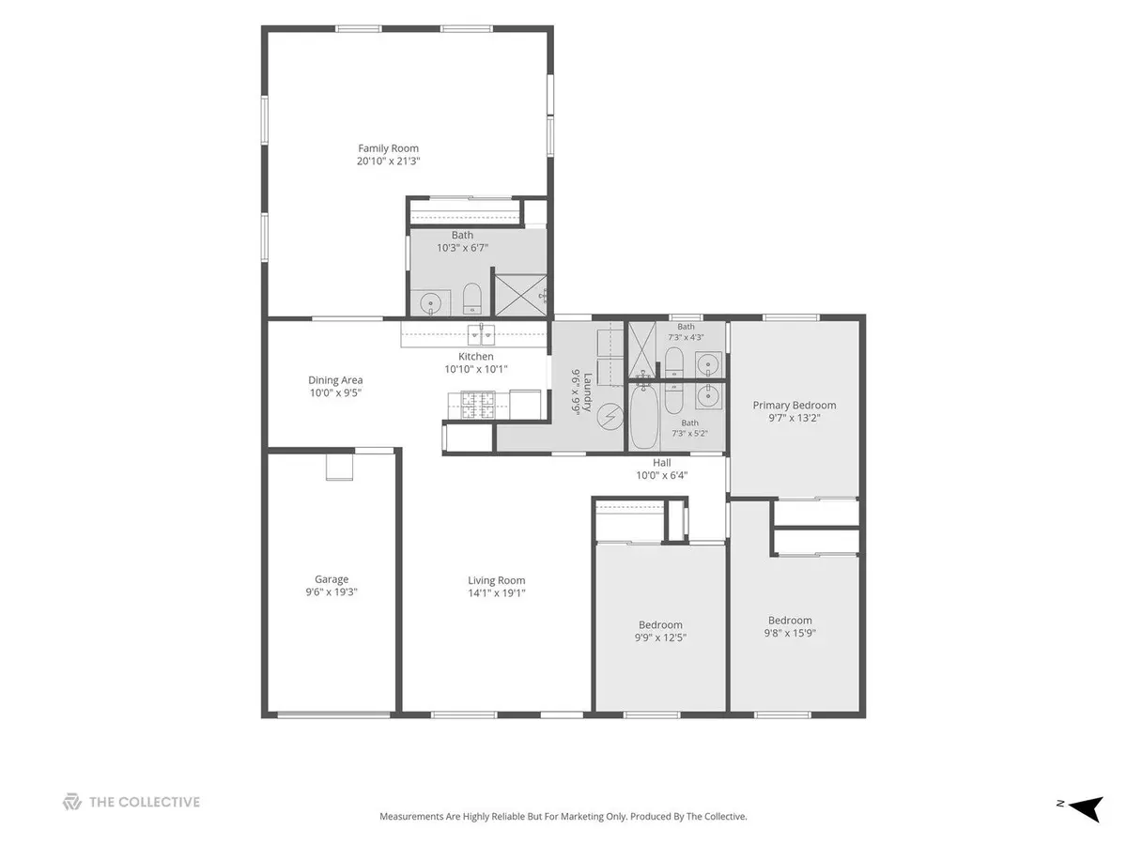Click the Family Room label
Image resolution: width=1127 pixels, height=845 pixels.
coord(388,148)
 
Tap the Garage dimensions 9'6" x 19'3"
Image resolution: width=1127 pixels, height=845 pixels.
coord(332,592)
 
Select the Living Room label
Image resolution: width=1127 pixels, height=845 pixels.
coord(497,580)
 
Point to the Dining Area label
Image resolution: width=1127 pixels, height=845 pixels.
coord(335,380)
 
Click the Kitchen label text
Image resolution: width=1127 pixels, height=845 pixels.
coord(476,357)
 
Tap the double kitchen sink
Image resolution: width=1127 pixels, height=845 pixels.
coord(482,335)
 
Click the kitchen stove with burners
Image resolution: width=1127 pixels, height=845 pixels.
coord(478,405)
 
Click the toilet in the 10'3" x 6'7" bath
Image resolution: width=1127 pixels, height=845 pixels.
coord(471,299)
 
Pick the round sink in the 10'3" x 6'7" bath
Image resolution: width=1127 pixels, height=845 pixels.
coord(430,303)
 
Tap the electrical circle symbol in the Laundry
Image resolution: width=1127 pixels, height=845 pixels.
coord(610,417)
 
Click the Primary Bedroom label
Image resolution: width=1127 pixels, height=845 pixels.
coord(795,406)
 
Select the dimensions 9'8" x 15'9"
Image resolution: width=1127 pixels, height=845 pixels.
coord(790,633)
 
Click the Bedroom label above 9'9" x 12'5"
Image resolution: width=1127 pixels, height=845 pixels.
coord(660,625)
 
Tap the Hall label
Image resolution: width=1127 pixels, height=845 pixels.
coord(662,463)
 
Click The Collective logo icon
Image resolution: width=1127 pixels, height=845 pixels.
coord(72,802)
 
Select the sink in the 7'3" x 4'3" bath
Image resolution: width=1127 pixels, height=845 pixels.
coord(708,364)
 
